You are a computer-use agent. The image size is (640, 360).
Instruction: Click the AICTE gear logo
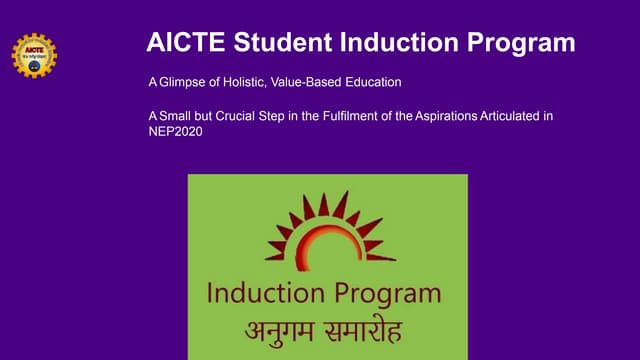point(34,55)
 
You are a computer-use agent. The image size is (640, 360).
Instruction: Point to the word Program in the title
point(520,43)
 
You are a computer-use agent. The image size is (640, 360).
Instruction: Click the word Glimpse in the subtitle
point(181,80)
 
